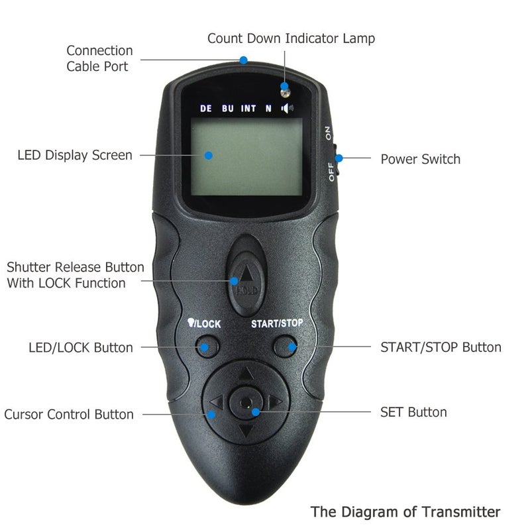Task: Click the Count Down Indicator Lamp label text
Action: coord(291,38)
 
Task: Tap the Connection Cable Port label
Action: coord(99,58)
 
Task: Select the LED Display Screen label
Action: coord(75,156)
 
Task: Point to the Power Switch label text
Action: coord(420,159)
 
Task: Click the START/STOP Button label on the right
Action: coord(441,347)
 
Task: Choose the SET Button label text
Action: coord(413,412)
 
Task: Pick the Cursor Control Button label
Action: coord(69,415)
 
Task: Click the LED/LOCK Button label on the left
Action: coord(81,348)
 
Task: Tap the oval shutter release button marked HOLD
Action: coord(246,275)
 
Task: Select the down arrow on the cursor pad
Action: coord(246,432)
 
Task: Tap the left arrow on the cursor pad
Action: coord(216,402)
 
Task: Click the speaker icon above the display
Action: coord(287,108)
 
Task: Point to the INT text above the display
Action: coord(248,109)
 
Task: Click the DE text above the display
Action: coord(206,109)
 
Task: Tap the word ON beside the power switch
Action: coord(329,132)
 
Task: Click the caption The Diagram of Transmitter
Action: coord(405,511)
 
